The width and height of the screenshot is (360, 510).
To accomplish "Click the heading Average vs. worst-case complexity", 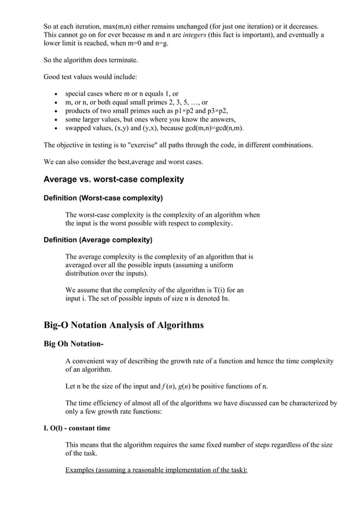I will pos(114,180).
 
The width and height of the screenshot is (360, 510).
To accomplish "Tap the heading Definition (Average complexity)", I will pos(98,239).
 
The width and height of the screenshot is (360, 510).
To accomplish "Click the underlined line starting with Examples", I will pos(156,470).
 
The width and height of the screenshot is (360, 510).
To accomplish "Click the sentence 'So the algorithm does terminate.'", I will pos(91,59).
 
